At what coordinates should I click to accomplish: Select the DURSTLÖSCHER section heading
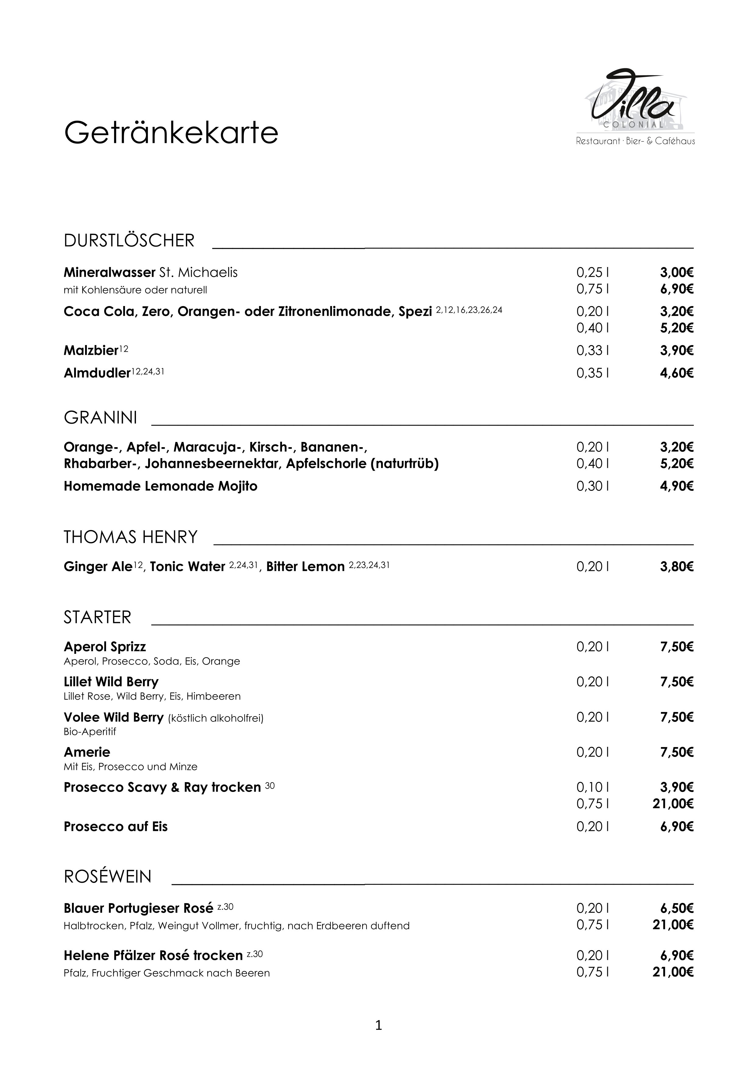129,241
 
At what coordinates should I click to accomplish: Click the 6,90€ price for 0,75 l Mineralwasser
676,289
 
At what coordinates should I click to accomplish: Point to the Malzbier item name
91,351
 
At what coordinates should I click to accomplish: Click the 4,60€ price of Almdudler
676,373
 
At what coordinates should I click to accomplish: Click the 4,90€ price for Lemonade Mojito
676,486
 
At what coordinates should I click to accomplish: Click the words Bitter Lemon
305,567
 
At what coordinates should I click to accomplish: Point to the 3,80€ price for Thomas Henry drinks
676,567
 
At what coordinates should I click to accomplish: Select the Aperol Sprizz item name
105,647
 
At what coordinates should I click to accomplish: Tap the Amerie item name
87,752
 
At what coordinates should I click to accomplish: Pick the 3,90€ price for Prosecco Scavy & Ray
676,787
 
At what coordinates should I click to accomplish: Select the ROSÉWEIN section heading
108,877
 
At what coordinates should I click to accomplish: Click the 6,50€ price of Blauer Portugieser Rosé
676,908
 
